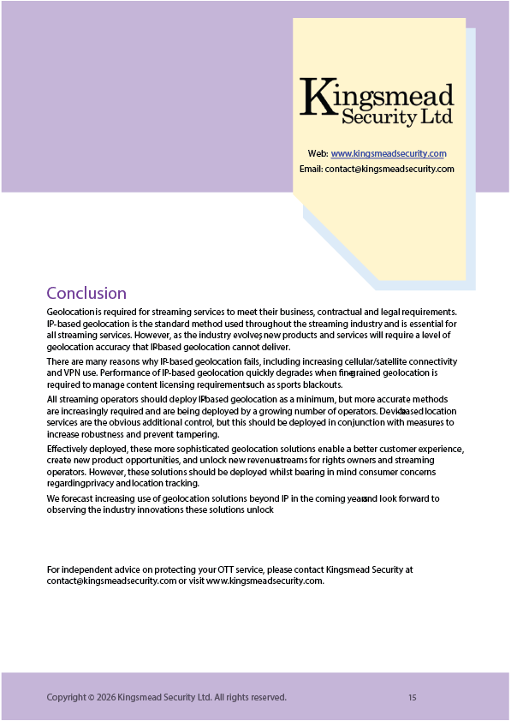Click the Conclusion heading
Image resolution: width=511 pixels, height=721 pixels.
point(86,294)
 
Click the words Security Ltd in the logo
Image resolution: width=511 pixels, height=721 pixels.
point(396,115)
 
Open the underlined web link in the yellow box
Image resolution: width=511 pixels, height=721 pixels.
point(389,154)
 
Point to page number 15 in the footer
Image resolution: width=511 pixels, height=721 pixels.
point(412,698)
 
